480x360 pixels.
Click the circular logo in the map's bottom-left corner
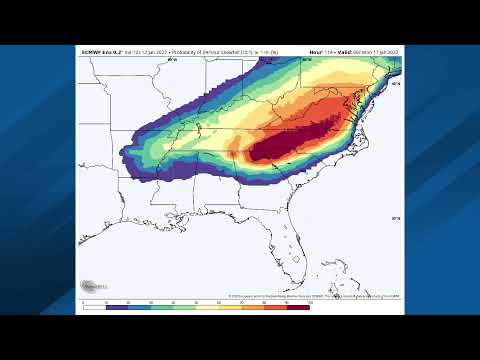(89, 286)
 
